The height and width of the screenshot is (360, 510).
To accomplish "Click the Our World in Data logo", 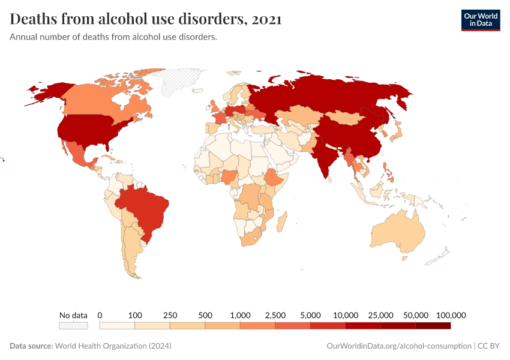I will point(480,20).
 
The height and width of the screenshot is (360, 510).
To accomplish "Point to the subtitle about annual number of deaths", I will point(113,37).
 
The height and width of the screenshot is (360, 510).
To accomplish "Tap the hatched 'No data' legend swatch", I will point(73,325).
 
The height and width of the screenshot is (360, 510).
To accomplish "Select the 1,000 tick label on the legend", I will point(240,315).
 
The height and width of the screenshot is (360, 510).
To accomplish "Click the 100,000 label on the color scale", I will point(451,315).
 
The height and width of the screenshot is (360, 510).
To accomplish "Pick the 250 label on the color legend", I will point(170,315).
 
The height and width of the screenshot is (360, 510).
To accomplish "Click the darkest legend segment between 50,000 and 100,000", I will point(433,325).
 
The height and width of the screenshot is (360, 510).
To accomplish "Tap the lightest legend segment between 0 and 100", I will point(117,325).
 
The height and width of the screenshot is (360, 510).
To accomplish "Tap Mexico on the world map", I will point(79,155).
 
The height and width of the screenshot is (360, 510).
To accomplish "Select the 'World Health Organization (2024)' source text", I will point(113,346).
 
